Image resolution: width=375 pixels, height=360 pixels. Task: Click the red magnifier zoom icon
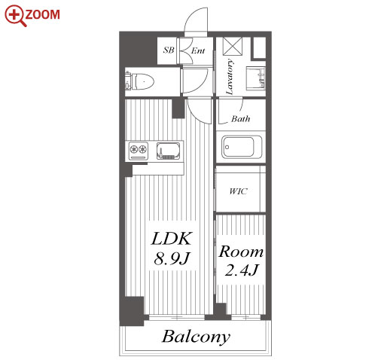point(16,16)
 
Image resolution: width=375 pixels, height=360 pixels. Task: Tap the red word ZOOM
point(43,14)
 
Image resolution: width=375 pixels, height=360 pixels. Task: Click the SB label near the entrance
point(169,50)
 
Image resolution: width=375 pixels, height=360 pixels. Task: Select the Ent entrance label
point(198,50)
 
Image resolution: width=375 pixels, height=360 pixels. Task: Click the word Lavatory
point(229,77)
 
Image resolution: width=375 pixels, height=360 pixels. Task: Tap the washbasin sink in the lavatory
point(255,78)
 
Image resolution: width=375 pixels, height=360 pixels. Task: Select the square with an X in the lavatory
point(233,46)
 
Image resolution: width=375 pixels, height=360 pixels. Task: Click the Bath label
point(240,118)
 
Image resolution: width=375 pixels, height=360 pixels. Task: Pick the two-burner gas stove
point(139,151)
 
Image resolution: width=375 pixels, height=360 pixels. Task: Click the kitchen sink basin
point(169,151)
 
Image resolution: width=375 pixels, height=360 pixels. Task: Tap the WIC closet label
point(238,191)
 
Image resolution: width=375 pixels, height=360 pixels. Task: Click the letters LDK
point(172,239)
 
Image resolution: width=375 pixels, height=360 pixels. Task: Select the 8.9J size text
point(172,258)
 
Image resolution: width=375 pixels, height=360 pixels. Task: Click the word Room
point(241,252)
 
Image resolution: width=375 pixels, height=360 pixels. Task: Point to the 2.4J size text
point(241,270)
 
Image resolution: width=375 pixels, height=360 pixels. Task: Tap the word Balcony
point(196,337)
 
